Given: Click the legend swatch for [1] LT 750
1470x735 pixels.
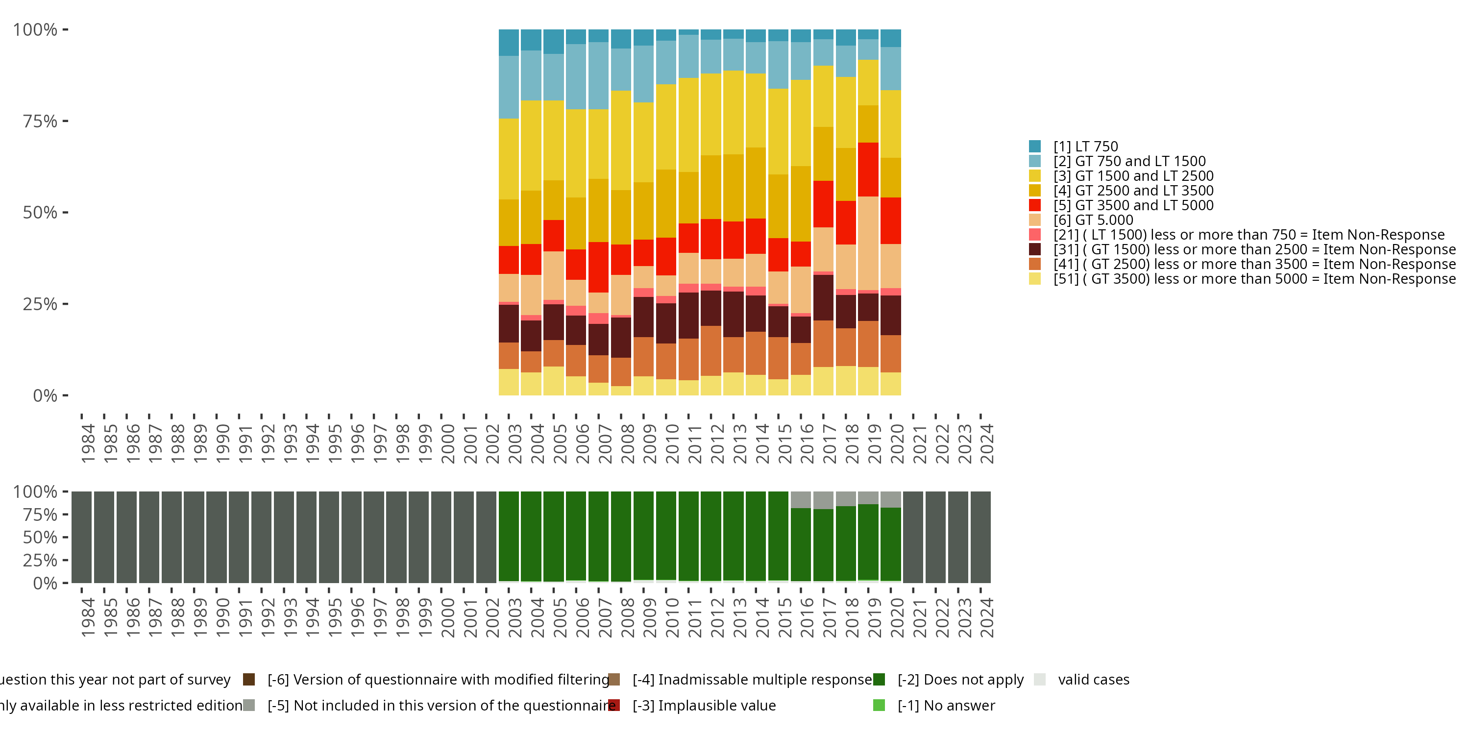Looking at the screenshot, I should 1034,147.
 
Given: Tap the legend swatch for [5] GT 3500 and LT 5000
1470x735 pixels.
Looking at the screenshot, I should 1034,205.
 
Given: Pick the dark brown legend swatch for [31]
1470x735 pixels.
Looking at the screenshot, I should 1034,249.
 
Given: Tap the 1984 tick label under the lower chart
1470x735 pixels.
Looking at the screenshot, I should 88,617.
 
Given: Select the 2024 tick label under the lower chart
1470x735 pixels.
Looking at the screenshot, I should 986,617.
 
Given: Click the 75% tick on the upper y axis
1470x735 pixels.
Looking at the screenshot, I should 40,122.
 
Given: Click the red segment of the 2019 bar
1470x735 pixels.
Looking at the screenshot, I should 868,170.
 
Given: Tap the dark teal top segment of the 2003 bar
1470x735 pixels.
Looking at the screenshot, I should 509,43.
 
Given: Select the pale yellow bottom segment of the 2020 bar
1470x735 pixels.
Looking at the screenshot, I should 891,384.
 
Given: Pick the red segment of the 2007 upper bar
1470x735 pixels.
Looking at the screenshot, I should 598,267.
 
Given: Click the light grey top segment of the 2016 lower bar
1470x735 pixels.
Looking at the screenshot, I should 801,499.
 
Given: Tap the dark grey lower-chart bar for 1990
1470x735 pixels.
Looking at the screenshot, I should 216,537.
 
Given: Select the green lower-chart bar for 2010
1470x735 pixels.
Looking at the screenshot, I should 666,535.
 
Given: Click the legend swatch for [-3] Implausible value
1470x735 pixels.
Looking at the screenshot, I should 614,705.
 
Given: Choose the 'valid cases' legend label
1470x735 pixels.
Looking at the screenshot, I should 1093,680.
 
